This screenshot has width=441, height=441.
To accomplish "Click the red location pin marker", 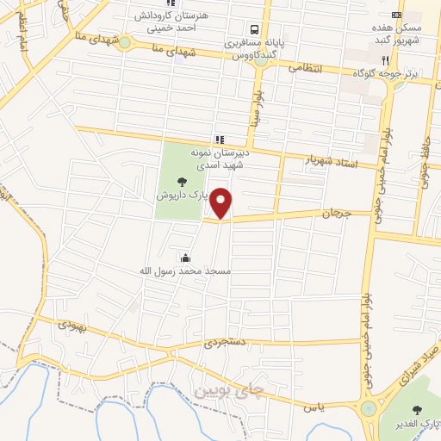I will [x=221, y=202].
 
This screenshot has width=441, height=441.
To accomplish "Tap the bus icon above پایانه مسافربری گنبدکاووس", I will [x=250, y=28].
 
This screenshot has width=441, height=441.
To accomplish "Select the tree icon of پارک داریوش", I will [x=182, y=181].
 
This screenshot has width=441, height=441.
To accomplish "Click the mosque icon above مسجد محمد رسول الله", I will [x=185, y=258].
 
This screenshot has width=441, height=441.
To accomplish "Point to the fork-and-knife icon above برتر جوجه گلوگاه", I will [x=385, y=61].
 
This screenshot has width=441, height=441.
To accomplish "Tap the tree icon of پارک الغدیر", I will [x=421, y=411].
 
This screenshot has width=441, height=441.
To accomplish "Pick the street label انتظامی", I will [x=305, y=66].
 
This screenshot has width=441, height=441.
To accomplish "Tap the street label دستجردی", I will [x=226, y=342].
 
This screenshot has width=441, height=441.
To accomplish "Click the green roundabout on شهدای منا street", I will [x=124, y=41].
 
